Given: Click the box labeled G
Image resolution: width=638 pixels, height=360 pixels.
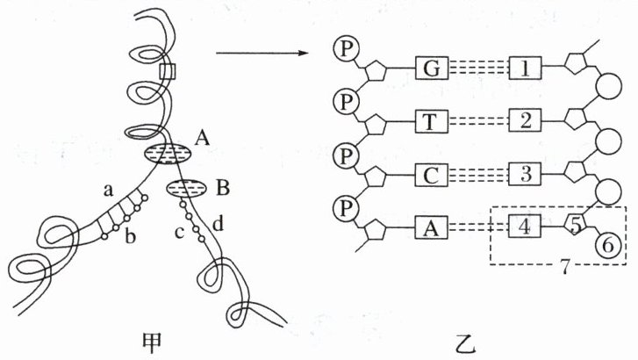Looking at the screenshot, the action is click(x=430, y=68).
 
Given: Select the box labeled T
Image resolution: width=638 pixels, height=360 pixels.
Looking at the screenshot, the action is click(x=430, y=120).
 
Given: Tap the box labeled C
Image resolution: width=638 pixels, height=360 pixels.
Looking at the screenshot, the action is click(x=430, y=173).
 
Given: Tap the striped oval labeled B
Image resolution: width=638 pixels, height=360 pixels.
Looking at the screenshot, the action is click(x=185, y=188).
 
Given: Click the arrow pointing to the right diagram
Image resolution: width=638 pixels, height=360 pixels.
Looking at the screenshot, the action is click(x=263, y=54).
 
